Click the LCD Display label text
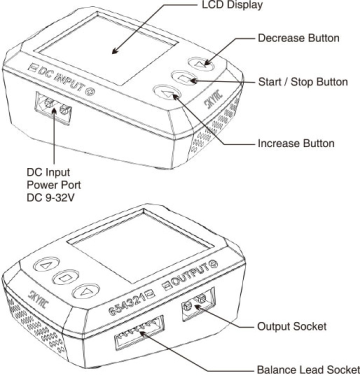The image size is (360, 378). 232,5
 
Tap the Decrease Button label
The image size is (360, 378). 298,38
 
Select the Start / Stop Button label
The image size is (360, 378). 303,82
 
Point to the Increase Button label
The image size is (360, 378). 296,143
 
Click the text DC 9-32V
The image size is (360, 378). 50,198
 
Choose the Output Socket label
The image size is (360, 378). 292,326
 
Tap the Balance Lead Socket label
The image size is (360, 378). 308,370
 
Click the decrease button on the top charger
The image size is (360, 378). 201,64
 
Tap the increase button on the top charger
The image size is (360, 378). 167,92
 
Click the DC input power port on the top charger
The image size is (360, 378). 53,108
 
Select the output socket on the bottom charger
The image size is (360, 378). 198,304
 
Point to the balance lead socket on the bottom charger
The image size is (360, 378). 139,333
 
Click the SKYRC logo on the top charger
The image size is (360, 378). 213,99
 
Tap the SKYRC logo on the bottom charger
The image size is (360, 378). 38,299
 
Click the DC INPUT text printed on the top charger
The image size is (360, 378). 61,78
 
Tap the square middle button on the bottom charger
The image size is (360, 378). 65,277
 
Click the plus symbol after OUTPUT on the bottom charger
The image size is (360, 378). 214,264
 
